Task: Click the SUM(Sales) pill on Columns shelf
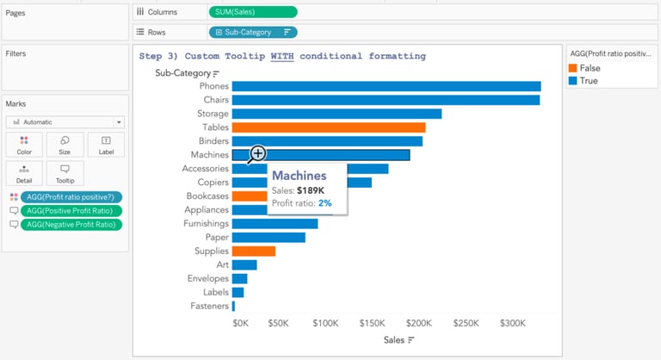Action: [x=252, y=12]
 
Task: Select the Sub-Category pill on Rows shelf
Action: [x=251, y=32]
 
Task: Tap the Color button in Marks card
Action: [x=24, y=144]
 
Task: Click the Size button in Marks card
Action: [x=65, y=144]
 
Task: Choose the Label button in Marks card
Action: [x=106, y=144]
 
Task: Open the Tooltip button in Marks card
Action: [x=65, y=173]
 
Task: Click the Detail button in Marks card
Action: [x=24, y=173]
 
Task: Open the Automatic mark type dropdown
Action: [x=65, y=122]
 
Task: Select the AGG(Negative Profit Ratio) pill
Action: [x=71, y=225]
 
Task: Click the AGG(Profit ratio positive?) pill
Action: [x=71, y=197]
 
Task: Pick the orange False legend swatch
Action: [x=573, y=67]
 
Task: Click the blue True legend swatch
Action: [x=573, y=80]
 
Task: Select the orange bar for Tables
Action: [x=328, y=127]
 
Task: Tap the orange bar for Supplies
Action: [x=253, y=251]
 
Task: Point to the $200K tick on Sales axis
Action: [x=418, y=323]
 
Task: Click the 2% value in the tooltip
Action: [x=324, y=203]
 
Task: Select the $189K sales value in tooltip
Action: [x=311, y=190]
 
